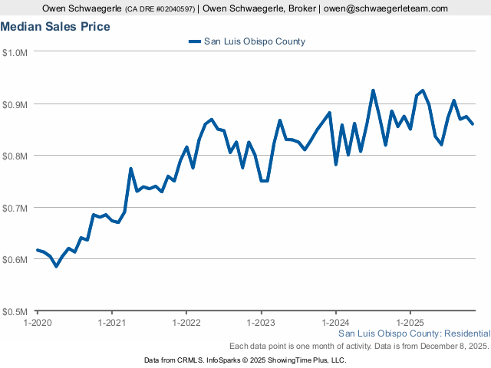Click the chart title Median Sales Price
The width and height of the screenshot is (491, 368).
pyautogui.click(x=55, y=27)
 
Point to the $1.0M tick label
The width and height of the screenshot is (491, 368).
pyautogui.click(x=15, y=52)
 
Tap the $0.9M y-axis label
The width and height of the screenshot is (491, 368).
pyautogui.click(x=15, y=104)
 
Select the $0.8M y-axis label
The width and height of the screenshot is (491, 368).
pyautogui.click(x=15, y=156)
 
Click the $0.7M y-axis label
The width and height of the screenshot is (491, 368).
pyautogui.click(x=15, y=208)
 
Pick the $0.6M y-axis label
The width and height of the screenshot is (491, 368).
pyautogui.click(x=15, y=259)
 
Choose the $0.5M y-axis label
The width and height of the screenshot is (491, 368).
pyautogui.click(x=15, y=311)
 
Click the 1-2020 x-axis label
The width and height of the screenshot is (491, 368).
pyautogui.click(x=37, y=322)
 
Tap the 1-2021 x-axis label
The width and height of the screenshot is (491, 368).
pyautogui.click(x=111, y=322)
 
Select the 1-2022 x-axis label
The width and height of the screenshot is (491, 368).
pyautogui.click(x=186, y=322)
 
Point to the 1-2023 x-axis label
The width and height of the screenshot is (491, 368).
pyautogui.click(x=261, y=322)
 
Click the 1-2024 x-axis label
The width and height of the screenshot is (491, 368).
pyautogui.click(x=336, y=322)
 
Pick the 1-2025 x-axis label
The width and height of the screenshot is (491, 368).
pyautogui.click(x=410, y=322)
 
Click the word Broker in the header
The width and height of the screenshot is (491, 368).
pyautogui.click(x=295, y=8)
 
